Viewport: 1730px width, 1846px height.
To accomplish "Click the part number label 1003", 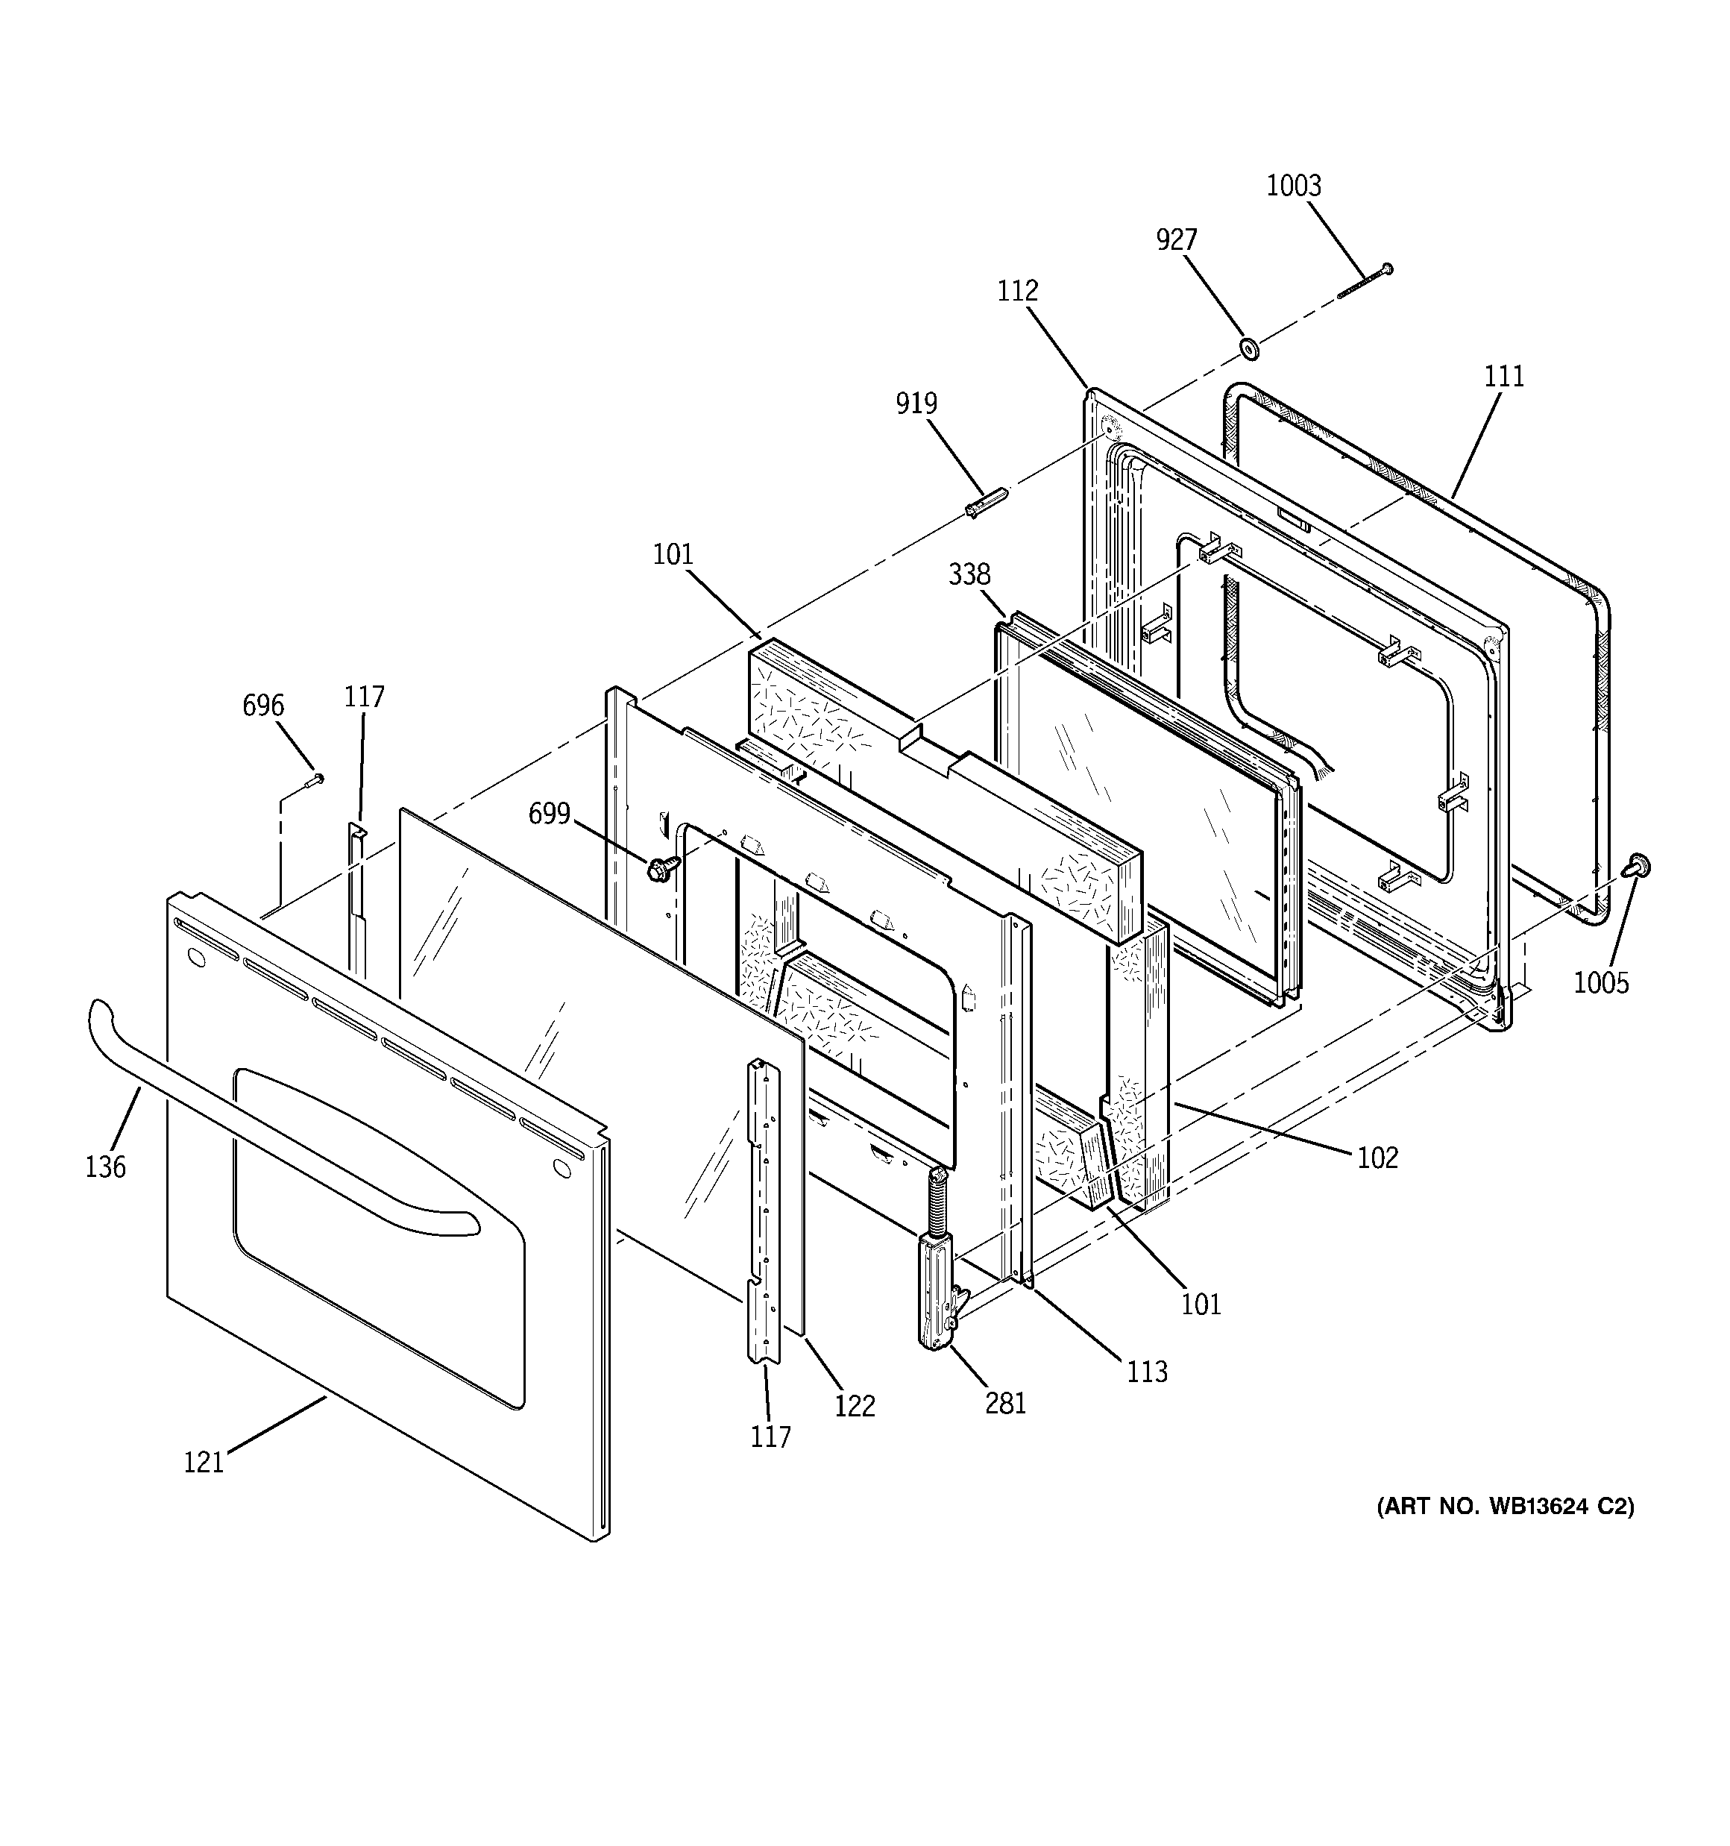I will coord(1294,186).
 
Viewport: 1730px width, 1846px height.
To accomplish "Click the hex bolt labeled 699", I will coord(662,869).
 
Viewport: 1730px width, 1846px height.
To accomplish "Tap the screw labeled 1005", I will coord(1639,867).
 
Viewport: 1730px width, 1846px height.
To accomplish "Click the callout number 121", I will coord(204,1463).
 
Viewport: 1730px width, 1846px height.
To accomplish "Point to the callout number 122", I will coord(855,1407).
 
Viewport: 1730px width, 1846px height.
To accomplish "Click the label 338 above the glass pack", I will coord(969,575).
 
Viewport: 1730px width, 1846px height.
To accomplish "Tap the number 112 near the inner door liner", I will coord(1017,291).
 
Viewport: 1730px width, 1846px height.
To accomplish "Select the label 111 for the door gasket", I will coord(1503,376).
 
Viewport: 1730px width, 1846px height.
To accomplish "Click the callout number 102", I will coord(1377,1157).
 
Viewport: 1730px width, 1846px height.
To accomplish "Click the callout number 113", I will coord(1147,1372).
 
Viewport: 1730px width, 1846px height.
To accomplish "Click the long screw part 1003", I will coord(1363,282).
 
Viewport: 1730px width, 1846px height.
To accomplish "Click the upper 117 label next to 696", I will coord(364,697).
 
